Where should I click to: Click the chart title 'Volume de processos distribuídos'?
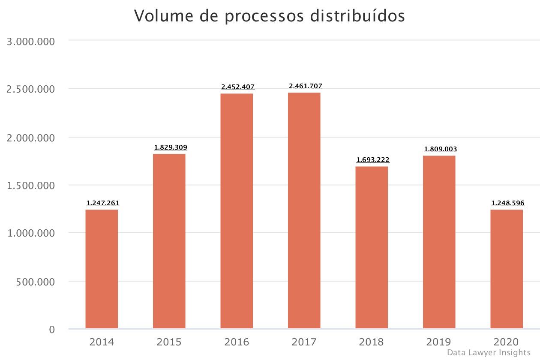(270, 16)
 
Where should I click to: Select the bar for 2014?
(102, 269)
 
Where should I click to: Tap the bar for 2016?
(237, 211)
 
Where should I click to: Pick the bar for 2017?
(304, 211)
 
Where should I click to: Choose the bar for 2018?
(372, 248)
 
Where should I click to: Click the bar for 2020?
(507, 269)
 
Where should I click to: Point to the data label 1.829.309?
(171, 147)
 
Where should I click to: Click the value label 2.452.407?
(238, 87)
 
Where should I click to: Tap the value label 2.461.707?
(306, 86)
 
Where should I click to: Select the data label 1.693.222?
(373, 160)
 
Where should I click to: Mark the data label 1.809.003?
(441, 149)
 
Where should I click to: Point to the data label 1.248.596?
(508, 203)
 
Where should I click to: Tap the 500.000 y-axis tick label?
(35, 282)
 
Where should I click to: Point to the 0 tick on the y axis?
(52, 329)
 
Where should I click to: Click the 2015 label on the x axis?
(169, 342)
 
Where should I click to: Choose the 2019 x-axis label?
(439, 342)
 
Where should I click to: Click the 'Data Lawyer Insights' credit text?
(489, 353)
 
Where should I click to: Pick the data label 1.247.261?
(103, 203)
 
